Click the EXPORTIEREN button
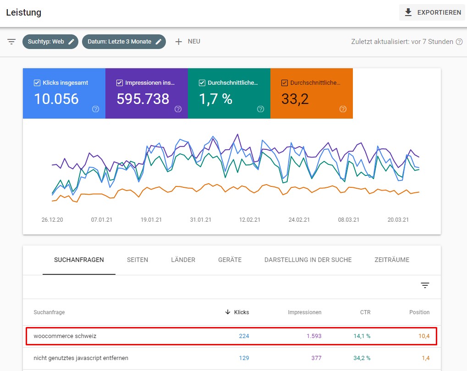(x=432, y=12)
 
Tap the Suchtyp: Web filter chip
(x=50, y=42)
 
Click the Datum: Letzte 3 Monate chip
(x=124, y=42)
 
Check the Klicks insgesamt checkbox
(x=37, y=83)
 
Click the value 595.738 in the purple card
(x=143, y=99)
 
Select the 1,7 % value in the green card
(x=216, y=99)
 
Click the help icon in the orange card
(x=343, y=109)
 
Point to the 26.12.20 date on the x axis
(x=52, y=220)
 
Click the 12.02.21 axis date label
(x=250, y=220)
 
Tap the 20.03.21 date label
(x=398, y=220)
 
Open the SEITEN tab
(x=137, y=260)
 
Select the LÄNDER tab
(x=183, y=260)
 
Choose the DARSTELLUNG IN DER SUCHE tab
(x=308, y=260)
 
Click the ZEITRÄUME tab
(x=392, y=260)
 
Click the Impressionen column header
(x=305, y=312)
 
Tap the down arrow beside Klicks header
(x=228, y=312)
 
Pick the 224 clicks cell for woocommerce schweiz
(x=244, y=336)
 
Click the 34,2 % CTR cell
(x=362, y=358)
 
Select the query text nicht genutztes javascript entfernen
(x=81, y=358)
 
